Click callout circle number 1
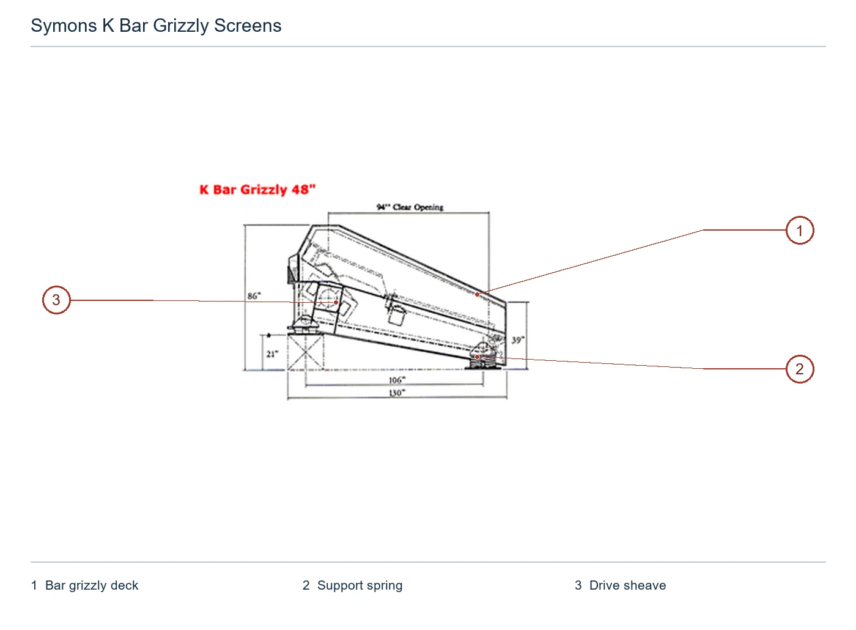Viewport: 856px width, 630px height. [800, 231]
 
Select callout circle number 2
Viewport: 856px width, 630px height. [800, 369]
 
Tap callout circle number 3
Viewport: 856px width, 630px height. [56, 300]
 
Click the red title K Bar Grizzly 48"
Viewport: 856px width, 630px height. [257, 190]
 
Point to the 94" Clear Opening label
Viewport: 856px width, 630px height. [410, 207]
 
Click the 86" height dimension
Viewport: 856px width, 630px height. [254, 296]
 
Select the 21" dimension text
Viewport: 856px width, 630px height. [272, 354]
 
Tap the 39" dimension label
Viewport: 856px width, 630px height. [518, 340]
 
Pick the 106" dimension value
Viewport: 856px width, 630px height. [397, 380]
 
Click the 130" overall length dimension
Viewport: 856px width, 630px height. [397, 393]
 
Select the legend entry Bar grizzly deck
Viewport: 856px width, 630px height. [92, 585]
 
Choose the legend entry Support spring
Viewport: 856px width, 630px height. [360, 585]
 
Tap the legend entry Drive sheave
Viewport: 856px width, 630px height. [627, 585]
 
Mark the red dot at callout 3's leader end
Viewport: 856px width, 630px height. [336, 302]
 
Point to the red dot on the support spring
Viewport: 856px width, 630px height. [477, 357]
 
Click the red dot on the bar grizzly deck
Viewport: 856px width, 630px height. [477, 294]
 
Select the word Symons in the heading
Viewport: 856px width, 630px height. [64, 26]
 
